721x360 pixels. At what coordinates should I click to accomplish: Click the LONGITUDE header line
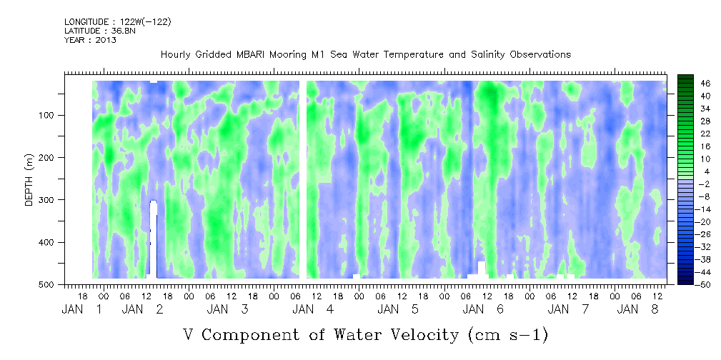[x=117, y=22]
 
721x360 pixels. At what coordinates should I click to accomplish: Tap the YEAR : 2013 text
[x=90, y=40]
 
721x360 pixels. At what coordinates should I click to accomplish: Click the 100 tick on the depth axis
[x=54, y=116]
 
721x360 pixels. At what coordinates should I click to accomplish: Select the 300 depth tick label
[x=54, y=200]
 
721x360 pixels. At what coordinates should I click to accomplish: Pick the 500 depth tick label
[x=54, y=285]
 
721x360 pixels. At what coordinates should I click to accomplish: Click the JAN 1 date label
[x=83, y=309]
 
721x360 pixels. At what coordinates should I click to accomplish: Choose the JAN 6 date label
[x=484, y=309]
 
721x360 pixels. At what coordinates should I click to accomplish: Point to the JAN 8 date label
[x=639, y=309]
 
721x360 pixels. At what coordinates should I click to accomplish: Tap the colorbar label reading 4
[x=686, y=171]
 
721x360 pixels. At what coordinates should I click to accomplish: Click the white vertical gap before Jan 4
[x=303, y=179]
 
